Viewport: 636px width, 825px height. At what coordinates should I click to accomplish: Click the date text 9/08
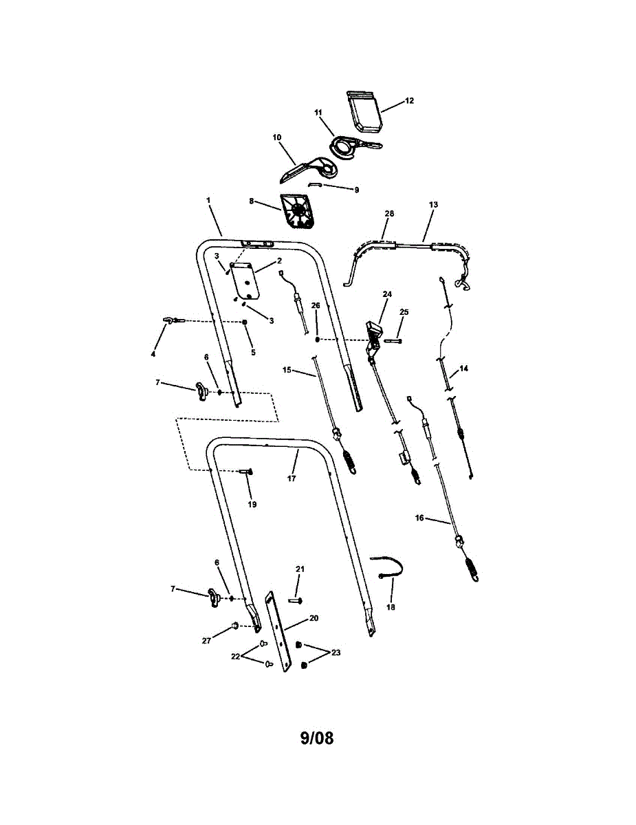316,738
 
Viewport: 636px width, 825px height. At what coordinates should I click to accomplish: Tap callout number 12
409,100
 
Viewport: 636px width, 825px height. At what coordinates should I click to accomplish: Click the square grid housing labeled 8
297,211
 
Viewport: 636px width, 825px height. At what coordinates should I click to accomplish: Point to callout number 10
277,137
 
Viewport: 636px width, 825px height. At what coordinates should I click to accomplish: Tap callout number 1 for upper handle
208,199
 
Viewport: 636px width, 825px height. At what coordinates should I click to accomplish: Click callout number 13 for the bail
433,204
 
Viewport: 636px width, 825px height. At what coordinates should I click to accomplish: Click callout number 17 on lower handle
292,478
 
